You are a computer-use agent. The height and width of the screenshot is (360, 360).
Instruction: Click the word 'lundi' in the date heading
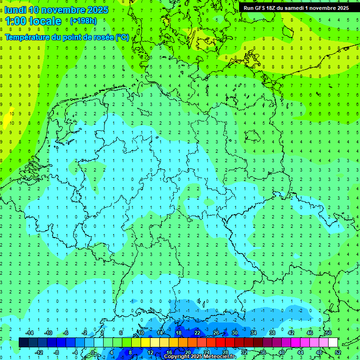[x=15, y=10]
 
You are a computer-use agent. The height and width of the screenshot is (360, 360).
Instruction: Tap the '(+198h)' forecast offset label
[x=83, y=21]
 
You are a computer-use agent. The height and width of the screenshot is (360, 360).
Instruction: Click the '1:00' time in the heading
[x=16, y=21]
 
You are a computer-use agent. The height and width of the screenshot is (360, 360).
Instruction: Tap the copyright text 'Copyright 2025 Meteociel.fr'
[x=200, y=357]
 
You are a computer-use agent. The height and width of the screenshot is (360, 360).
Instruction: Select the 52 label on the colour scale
[x=337, y=352]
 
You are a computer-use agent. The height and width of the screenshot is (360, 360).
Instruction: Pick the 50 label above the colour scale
[x=328, y=333]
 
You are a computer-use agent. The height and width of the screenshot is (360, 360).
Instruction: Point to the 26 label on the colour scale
[x=216, y=333]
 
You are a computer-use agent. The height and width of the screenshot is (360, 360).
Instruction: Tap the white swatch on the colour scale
[x=333, y=343]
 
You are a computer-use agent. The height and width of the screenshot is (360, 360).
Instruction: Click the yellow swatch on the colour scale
[x=145, y=343]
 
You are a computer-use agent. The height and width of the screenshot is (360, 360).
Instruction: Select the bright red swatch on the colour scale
[x=220, y=343]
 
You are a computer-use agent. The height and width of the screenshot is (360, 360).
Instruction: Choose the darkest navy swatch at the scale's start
[x=23, y=343]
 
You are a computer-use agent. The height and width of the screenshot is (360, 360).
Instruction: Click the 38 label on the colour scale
[x=272, y=333]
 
